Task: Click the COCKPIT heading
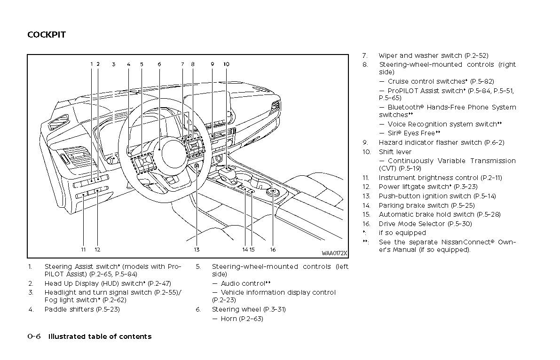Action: click(47, 35)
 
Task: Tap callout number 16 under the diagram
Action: click(273, 250)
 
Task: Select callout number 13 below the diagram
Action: click(197, 250)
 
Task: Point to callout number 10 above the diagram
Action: click(226, 64)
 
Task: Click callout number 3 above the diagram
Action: click(113, 64)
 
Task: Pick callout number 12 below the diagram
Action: click(97, 250)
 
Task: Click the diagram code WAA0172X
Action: click(334, 253)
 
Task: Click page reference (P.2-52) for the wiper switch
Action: click(476, 55)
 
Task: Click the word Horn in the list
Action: click(229, 319)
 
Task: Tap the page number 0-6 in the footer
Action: click(34, 337)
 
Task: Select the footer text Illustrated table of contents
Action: click(100, 337)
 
